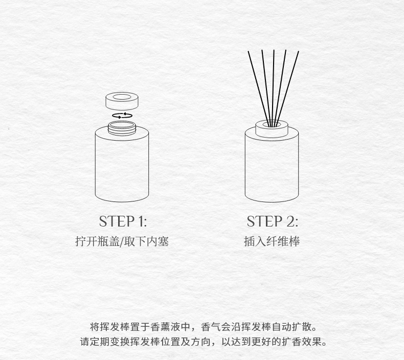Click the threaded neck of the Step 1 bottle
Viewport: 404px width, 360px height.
(122, 128)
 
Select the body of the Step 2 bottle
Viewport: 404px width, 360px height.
(272, 168)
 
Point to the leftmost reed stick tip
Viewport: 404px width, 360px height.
(249, 51)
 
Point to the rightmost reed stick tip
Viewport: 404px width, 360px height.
(298, 51)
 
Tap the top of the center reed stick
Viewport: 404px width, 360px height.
(274, 50)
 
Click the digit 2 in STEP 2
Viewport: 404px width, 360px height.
(290, 221)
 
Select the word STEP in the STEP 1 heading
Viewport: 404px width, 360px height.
(117, 221)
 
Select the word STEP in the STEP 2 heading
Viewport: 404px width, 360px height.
(264, 221)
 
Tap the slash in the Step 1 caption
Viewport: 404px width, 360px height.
(122, 242)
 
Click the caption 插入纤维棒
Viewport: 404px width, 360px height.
(272, 242)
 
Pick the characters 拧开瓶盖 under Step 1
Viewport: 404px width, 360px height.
(97, 242)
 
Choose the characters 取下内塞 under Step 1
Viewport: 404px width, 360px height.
(146, 242)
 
